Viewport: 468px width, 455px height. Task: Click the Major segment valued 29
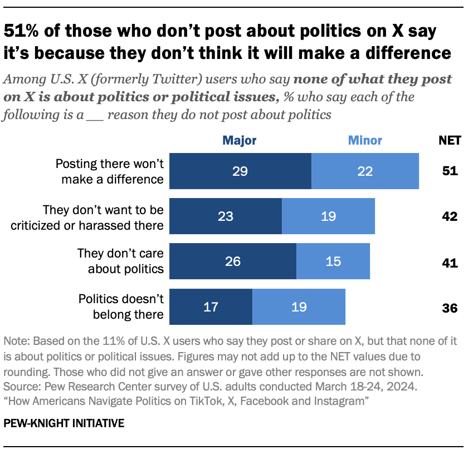click(240, 171)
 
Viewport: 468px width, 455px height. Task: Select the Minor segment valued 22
click(365, 171)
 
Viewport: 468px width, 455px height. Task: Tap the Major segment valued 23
click(226, 216)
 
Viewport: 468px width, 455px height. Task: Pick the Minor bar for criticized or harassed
click(328, 216)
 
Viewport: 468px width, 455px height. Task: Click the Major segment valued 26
click(233, 261)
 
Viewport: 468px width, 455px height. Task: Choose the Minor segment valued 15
click(333, 261)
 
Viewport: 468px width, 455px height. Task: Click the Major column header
click(240, 140)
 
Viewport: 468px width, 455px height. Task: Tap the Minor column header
click(365, 140)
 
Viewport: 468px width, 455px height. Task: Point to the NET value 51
click(449, 171)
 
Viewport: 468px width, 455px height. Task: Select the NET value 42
click(449, 216)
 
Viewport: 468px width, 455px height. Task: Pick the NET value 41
click(449, 261)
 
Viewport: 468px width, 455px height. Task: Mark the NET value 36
click(449, 307)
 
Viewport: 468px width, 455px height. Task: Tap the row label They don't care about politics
click(120, 261)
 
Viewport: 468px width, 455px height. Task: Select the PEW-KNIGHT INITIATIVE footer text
click(64, 424)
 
